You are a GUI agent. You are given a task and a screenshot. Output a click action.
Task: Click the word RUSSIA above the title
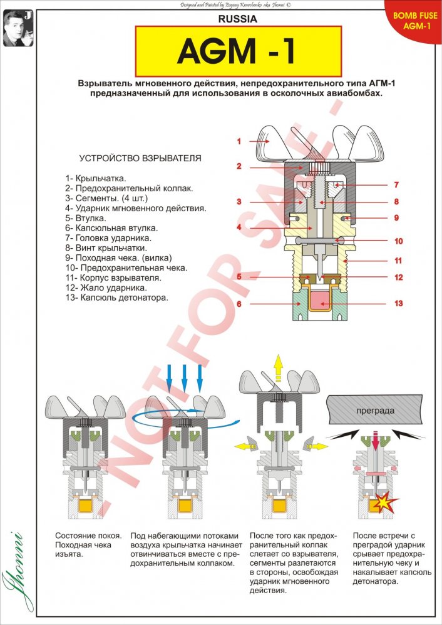[x=237, y=19]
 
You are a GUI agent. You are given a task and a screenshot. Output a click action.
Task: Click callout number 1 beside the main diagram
[x=239, y=141]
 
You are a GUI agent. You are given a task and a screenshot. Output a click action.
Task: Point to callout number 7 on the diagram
[x=396, y=185]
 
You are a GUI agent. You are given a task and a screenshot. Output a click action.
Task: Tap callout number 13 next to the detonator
[x=398, y=304]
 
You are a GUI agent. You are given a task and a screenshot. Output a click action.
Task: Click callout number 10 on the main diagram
[x=398, y=241]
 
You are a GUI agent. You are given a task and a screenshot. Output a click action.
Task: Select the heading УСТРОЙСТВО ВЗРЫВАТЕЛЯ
[x=140, y=158]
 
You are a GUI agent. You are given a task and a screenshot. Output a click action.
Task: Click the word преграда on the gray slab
[x=374, y=411]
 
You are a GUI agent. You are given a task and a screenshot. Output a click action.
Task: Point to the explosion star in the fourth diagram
[x=379, y=501]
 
